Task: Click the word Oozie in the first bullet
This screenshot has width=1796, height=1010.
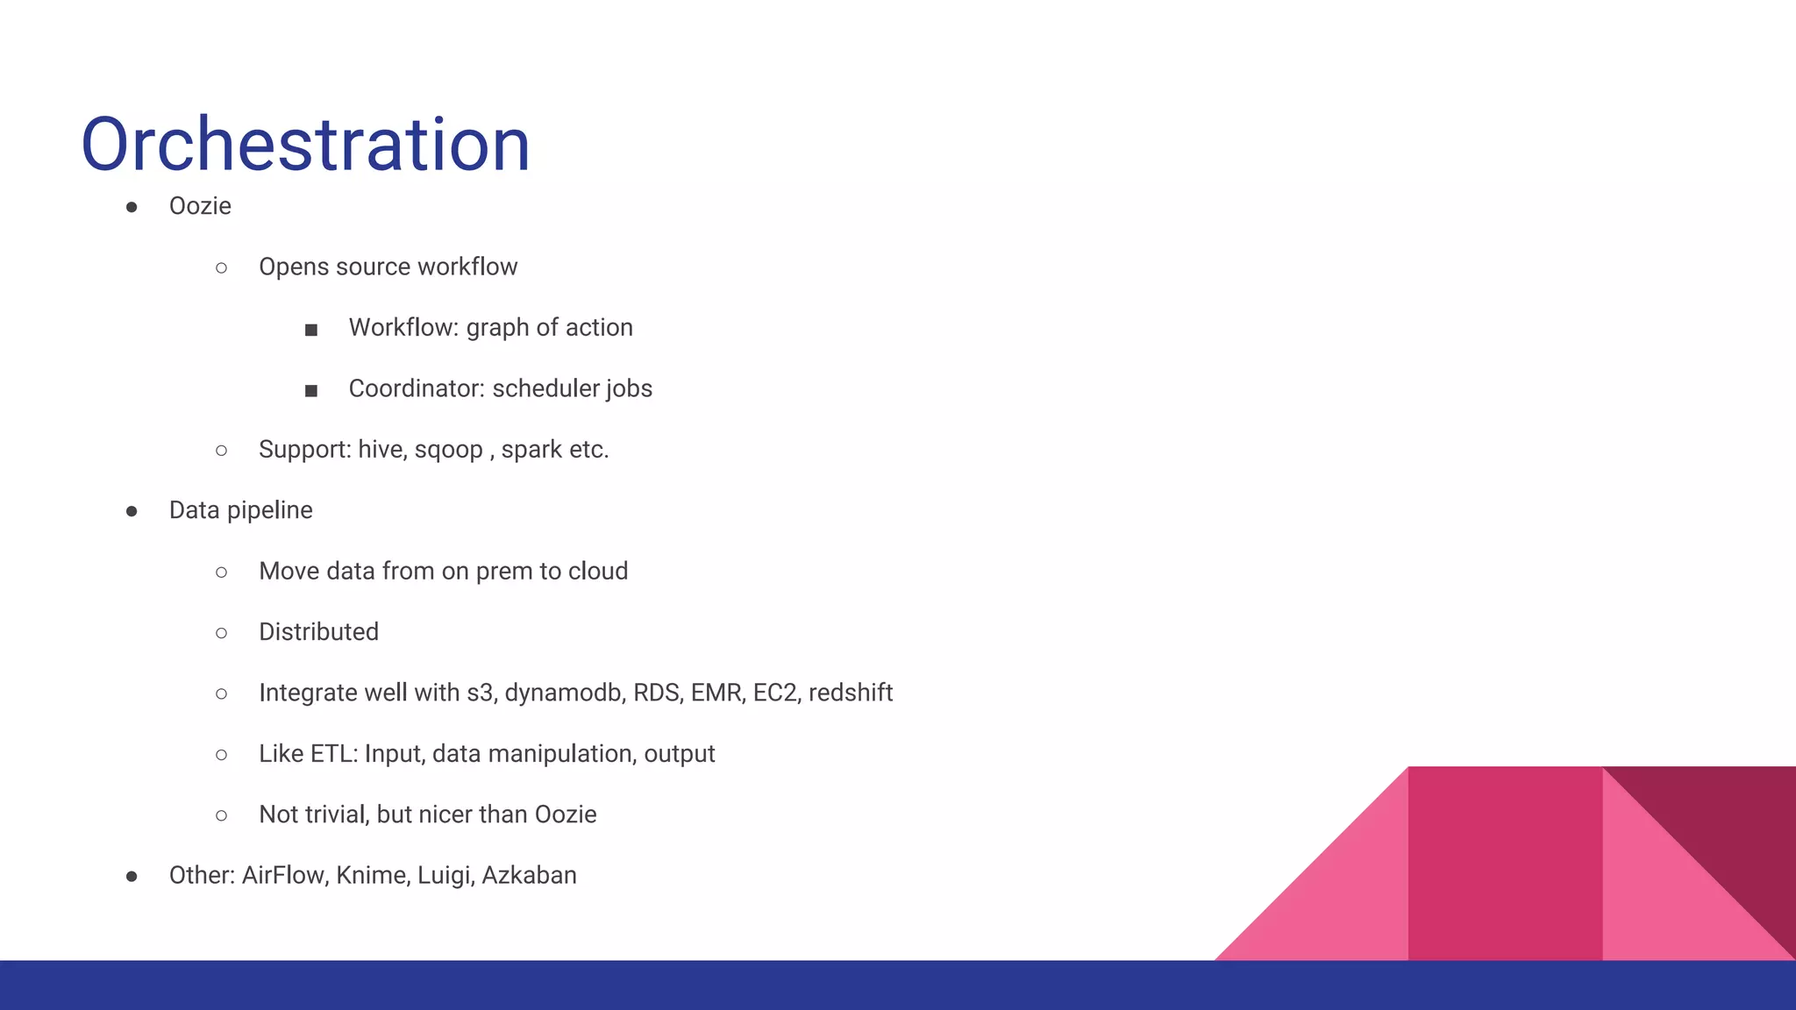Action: pos(200,206)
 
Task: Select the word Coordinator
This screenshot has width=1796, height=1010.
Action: pos(416,388)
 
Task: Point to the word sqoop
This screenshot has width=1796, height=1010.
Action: pos(448,451)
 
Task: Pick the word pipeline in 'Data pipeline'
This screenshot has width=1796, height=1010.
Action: pos(270,510)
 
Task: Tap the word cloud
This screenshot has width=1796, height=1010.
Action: pos(598,571)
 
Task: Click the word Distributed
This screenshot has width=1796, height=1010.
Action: pos(318,632)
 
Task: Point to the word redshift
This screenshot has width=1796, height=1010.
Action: pos(851,693)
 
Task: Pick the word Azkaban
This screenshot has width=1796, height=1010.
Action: pos(529,876)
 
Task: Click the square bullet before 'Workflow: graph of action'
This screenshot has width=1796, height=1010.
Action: pos(311,330)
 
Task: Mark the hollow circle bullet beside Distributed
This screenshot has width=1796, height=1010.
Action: pos(222,633)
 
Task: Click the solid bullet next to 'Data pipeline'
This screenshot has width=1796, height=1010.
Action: pos(132,511)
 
